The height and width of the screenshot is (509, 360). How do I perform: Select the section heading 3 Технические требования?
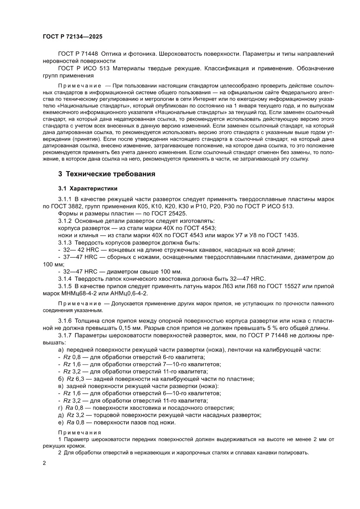[107, 174]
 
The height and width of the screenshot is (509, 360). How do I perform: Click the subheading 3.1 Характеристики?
[87, 189]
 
